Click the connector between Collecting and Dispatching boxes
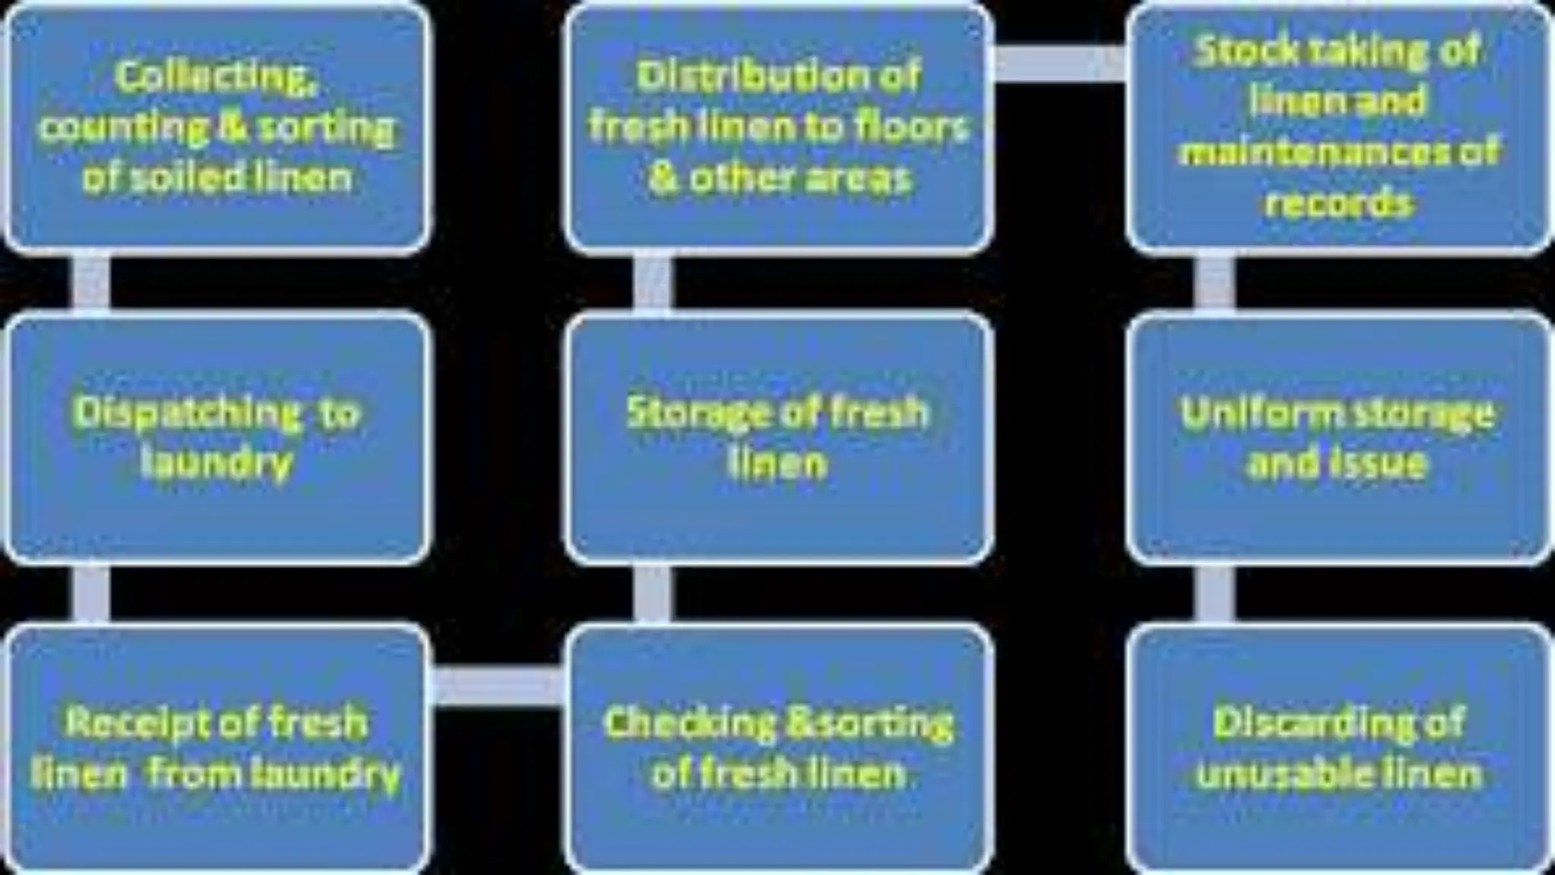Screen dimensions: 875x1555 pyautogui.click(x=90, y=283)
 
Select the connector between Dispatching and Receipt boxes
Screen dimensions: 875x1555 pyautogui.click(x=90, y=594)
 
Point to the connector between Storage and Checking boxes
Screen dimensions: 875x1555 pyautogui.click(x=651, y=594)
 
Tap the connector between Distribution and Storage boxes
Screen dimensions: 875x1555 pyautogui.click(x=651, y=283)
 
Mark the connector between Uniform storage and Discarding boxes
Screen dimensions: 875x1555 pyautogui.click(x=1214, y=594)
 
